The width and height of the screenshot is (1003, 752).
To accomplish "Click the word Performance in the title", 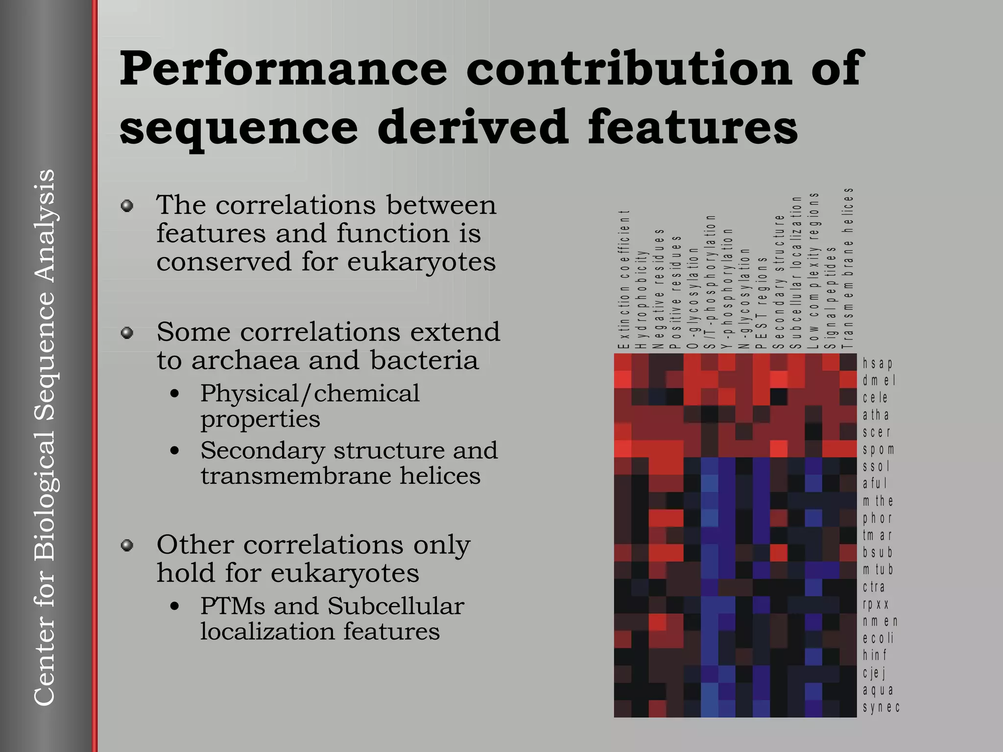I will (x=283, y=69).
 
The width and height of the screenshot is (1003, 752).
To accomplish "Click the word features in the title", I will (x=693, y=127).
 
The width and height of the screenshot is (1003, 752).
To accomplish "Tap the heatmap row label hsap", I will (x=878, y=363).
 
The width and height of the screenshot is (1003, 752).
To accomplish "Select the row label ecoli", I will (x=878, y=638).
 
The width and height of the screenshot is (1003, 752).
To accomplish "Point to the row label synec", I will (x=881, y=707).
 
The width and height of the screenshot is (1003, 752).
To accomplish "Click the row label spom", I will (x=879, y=449).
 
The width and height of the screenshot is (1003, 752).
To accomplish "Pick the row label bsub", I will (x=878, y=552).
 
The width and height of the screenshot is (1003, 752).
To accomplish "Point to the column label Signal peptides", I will (x=831, y=298).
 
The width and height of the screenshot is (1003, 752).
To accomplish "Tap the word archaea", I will (x=244, y=360).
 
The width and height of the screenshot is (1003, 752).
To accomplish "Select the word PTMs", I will (x=233, y=606).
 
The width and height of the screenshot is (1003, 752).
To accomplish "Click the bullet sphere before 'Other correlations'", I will (x=127, y=545).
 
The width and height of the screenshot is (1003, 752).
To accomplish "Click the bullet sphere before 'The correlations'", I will (x=127, y=206).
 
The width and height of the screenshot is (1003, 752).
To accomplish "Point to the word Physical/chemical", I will (x=310, y=393).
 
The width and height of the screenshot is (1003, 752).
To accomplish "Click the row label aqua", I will (x=878, y=690).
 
